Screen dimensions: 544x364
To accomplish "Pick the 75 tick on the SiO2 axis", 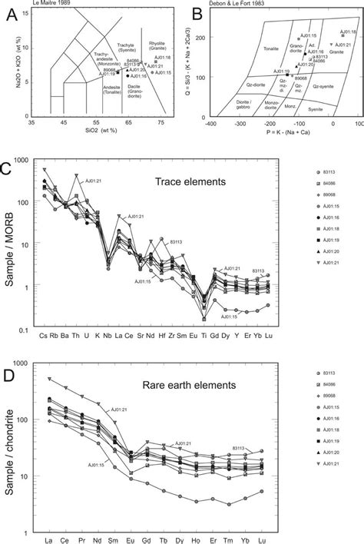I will [x=160, y=123].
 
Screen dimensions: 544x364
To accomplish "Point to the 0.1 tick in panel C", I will [x=31, y=329].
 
